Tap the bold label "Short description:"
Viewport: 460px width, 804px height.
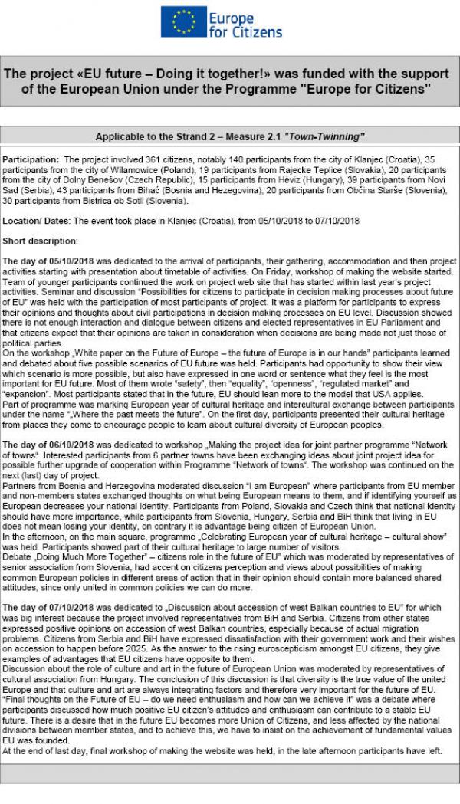pos(36,241)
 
